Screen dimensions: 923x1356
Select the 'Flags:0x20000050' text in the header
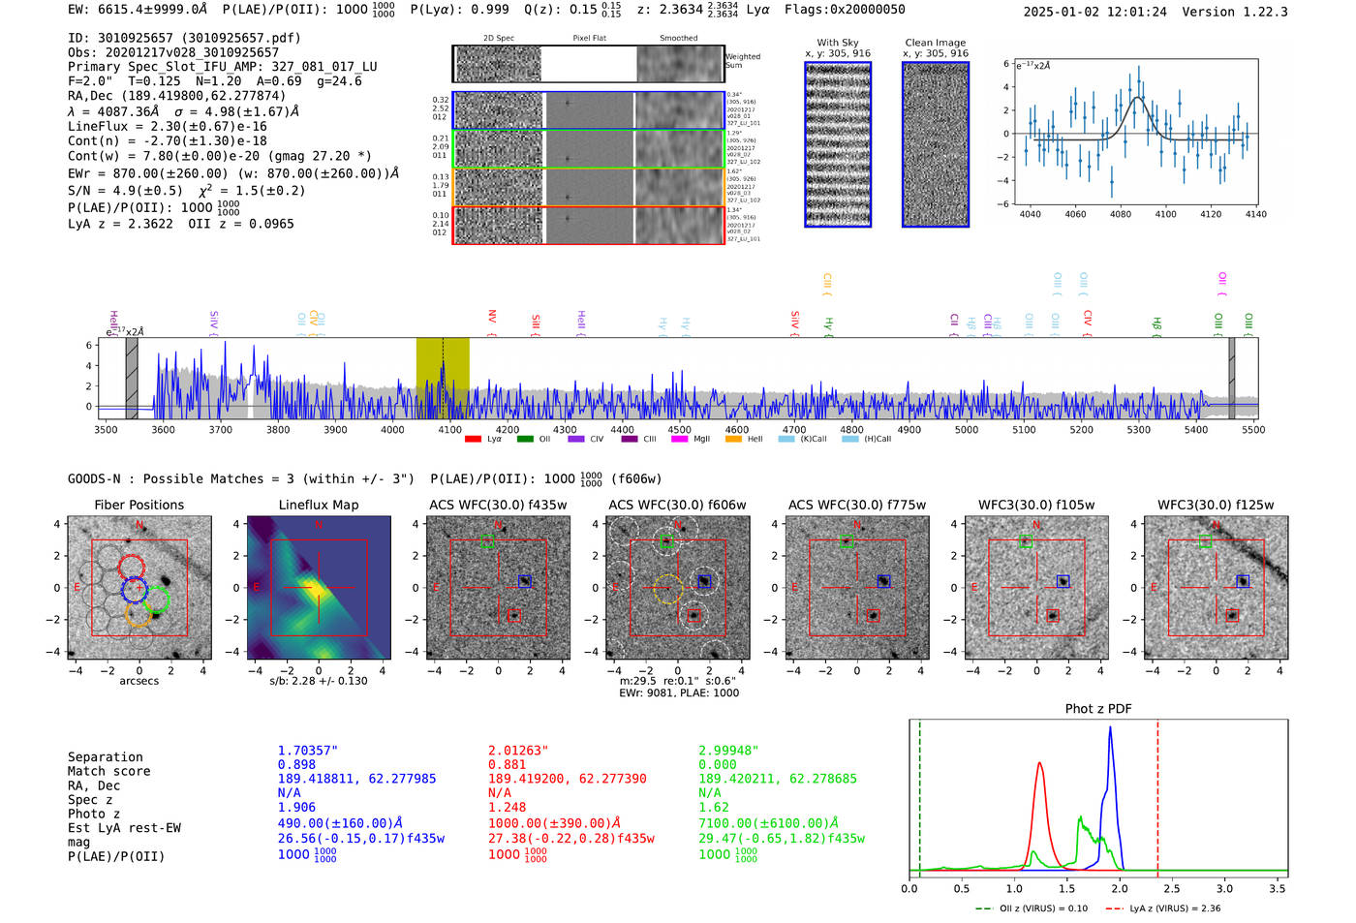click(845, 10)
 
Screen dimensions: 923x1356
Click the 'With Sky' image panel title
click(838, 43)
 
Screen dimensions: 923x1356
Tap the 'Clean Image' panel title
click(935, 43)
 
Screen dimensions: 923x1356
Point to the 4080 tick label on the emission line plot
click(1121, 214)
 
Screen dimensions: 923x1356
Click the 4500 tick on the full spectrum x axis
click(680, 430)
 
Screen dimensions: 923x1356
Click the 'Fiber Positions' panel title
click(139, 505)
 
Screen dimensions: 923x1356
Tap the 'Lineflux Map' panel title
click(318, 505)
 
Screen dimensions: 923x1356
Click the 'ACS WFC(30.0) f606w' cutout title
click(677, 505)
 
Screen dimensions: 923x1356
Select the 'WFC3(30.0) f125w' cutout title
click(1216, 505)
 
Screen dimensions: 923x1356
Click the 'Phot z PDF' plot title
click(1097, 709)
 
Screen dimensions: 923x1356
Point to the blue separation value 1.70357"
click(308, 751)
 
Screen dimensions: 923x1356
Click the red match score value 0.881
click(508, 764)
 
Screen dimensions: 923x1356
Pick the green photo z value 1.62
click(714, 807)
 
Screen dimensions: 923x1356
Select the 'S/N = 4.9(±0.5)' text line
click(125, 191)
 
